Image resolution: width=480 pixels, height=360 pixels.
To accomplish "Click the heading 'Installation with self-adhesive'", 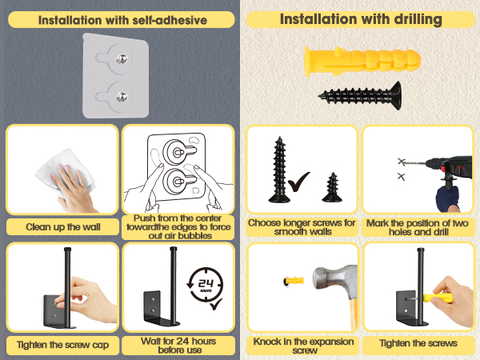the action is tap(122, 20).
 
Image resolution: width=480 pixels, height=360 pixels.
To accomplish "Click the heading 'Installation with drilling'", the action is tap(361, 19).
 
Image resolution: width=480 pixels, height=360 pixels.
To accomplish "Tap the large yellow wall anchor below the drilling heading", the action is tap(362, 62).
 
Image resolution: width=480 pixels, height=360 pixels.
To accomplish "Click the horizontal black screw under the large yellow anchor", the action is tap(360, 95).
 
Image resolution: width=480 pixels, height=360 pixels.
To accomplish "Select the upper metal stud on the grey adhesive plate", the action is tap(122, 58).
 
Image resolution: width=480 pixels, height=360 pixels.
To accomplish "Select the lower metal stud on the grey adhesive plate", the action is tap(122, 97).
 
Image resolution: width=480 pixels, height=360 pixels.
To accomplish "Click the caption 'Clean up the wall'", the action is tap(63, 227).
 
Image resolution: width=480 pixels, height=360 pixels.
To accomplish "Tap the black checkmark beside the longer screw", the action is tap(298, 182).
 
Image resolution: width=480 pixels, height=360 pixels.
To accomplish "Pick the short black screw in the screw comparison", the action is tap(332, 187).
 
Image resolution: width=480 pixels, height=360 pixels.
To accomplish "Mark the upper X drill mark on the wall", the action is tap(402, 162).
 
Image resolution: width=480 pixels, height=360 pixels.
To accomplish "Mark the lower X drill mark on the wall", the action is tap(401, 176).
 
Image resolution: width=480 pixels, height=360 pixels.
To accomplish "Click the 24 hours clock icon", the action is tap(205, 286).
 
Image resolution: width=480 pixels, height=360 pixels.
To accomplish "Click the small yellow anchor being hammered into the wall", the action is tap(294, 281).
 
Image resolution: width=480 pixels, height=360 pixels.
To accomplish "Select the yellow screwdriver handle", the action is tap(438, 298).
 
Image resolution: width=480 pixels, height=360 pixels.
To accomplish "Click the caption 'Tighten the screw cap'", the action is tap(62, 345).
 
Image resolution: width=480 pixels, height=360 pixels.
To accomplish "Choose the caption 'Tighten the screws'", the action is tap(418, 343).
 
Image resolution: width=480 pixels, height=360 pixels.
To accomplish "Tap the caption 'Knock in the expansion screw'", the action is tap(303, 346).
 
